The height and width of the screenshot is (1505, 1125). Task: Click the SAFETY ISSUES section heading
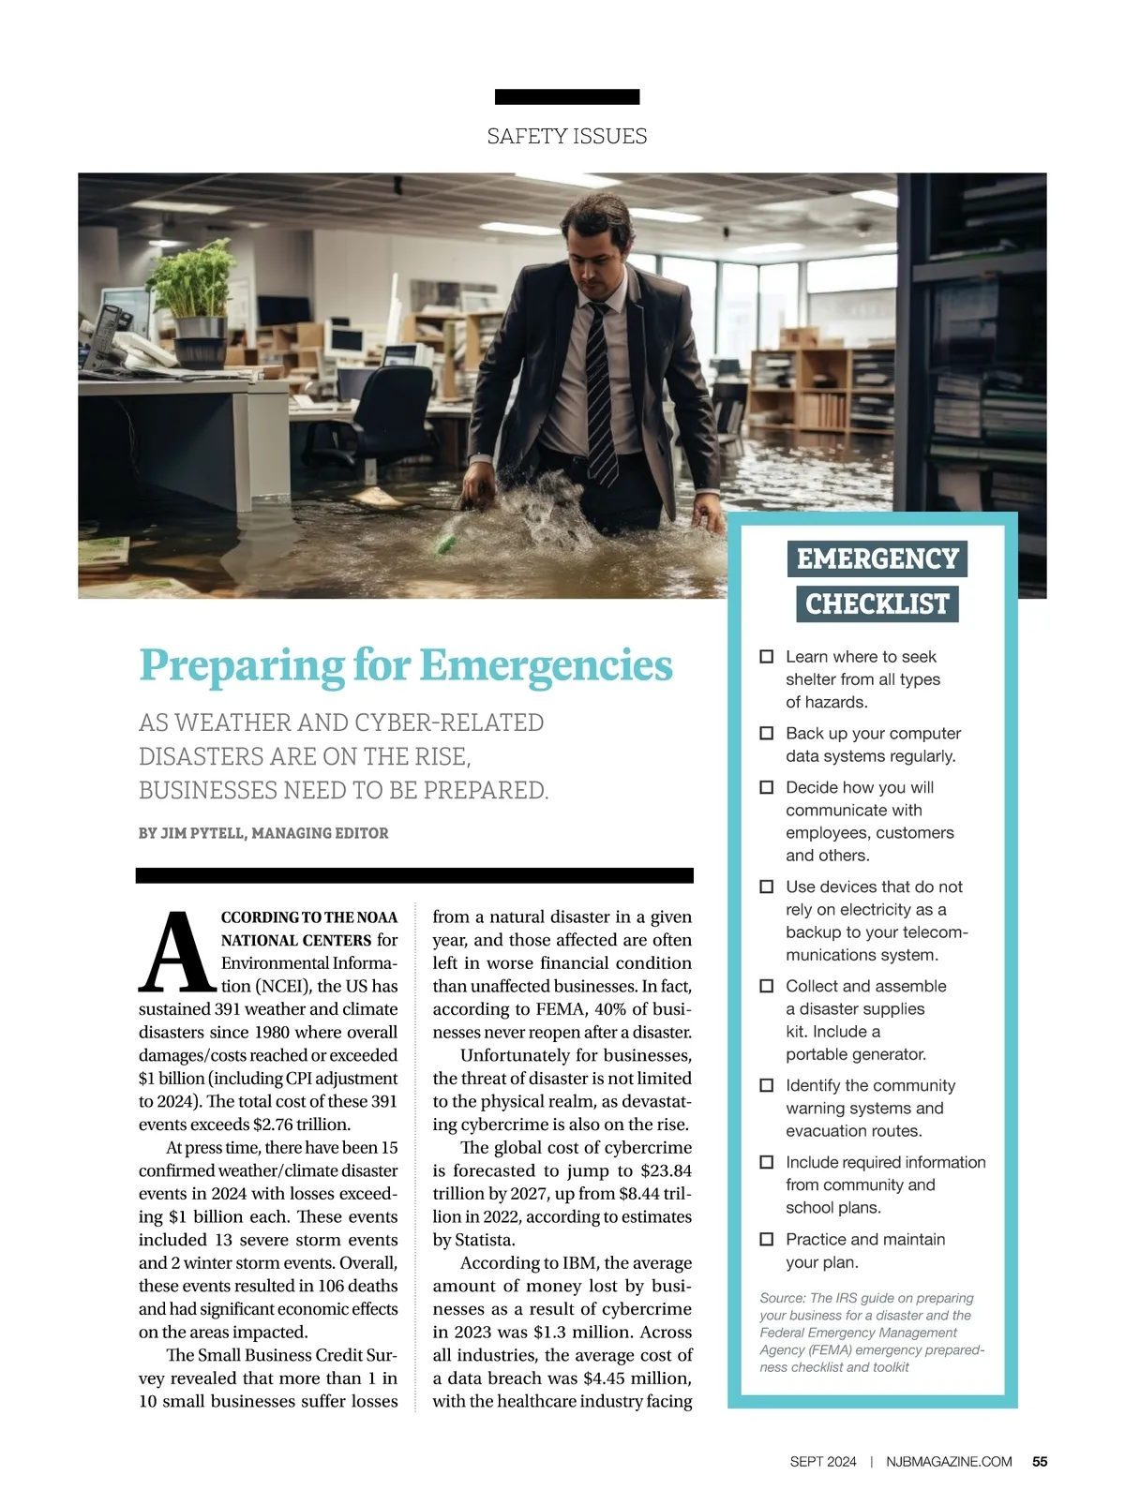pos(566,137)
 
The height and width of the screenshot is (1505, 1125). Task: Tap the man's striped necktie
pos(600,394)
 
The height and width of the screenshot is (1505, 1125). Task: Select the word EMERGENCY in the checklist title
pos(877,559)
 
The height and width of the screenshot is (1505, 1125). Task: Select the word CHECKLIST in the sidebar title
pos(877,604)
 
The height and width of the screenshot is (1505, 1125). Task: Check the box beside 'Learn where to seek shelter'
pos(766,657)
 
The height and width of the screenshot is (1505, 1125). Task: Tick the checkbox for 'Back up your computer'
pos(766,734)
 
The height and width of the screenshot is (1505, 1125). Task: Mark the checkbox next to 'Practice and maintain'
pos(766,1240)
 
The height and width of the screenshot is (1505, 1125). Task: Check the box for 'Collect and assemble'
pos(766,987)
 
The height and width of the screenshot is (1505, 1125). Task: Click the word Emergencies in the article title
pos(546,665)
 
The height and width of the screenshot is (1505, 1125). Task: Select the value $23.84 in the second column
pos(666,1170)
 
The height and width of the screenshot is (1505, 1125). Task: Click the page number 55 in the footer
pos(1040,1462)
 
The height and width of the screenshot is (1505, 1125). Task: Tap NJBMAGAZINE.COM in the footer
pos(949,1462)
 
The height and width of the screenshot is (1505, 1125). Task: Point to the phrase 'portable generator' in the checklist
pos(855,1054)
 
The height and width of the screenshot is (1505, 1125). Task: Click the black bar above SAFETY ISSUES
pos(566,97)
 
